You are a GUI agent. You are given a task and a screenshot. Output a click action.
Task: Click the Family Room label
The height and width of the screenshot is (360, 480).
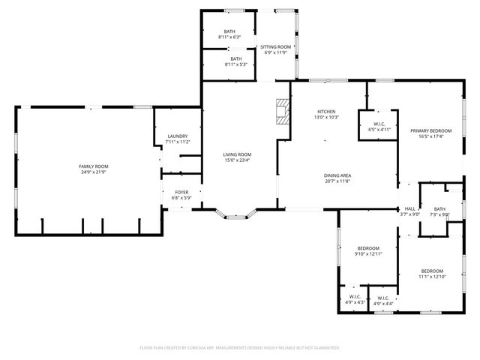(94, 169)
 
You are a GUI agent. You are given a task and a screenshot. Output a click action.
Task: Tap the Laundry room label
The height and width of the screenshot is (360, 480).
(177, 139)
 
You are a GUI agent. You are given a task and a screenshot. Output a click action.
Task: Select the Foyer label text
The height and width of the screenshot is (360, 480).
(181, 195)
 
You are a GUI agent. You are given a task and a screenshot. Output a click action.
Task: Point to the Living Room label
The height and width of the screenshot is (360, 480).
(237, 157)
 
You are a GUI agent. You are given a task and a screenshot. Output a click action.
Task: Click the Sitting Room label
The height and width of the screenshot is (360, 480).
(275, 50)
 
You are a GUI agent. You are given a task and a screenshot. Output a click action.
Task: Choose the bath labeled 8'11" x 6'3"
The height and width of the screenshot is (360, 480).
(229, 34)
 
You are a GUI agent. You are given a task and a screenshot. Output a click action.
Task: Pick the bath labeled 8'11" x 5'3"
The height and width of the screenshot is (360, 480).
(235, 61)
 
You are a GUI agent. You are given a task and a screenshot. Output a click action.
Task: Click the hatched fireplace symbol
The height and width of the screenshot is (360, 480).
(282, 110)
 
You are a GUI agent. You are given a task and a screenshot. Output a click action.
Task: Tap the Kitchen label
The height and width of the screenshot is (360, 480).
(327, 114)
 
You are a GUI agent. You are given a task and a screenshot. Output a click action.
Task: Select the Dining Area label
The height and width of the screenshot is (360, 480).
(337, 178)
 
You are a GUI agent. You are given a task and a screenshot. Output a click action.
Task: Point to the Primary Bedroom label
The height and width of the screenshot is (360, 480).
(430, 133)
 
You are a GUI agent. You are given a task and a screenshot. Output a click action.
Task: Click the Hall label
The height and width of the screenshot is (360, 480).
(410, 211)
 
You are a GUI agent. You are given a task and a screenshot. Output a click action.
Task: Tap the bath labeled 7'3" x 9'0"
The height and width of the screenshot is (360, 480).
(439, 212)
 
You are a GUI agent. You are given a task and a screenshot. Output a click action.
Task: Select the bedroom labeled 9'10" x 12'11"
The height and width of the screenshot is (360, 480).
(368, 251)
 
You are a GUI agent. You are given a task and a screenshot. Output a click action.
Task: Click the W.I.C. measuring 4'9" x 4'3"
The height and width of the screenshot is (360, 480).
(355, 299)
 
